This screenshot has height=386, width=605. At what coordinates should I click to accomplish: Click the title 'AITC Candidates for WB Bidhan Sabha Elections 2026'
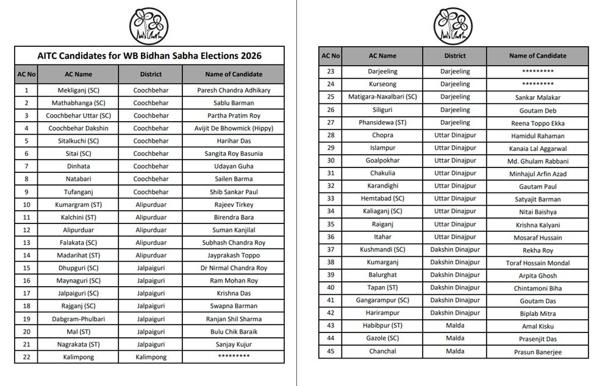pyautogui.click(x=149, y=55)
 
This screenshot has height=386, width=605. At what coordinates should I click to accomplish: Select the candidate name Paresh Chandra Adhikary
pyautogui.click(x=234, y=90)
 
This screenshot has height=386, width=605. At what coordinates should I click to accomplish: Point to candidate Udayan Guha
pyautogui.click(x=234, y=166)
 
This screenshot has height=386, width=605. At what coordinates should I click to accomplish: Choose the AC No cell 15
pyautogui.click(x=26, y=268)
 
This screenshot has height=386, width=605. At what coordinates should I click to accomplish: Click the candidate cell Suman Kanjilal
pyautogui.click(x=234, y=230)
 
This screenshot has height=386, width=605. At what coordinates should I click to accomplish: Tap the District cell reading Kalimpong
pyautogui.click(x=150, y=357)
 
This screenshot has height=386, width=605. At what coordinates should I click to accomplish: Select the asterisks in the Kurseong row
pyautogui.click(x=537, y=84)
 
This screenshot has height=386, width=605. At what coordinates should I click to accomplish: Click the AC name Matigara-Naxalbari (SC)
pyautogui.click(x=382, y=97)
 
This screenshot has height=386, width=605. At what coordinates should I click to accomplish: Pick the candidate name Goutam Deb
pyautogui.click(x=537, y=110)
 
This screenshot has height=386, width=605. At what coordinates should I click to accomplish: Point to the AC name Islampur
pyautogui.click(x=382, y=148)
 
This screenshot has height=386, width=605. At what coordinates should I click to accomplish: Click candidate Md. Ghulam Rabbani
pyautogui.click(x=537, y=161)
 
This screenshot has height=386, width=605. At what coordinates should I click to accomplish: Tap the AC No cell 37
pyautogui.click(x=331, y=250)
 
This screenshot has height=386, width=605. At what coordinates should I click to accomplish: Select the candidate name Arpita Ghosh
pyautogui.click(x=537, y=276)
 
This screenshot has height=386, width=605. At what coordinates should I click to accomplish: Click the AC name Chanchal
pyautogui.click(x=382, y=351)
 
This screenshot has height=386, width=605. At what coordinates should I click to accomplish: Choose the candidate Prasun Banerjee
pyautogui.click(x=537, y=352)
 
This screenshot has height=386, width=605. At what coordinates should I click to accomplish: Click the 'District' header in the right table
pyautogui.click(x=455, y=56)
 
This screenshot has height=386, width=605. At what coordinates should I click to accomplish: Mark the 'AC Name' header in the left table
pyautogui.click(x=79, y=74)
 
